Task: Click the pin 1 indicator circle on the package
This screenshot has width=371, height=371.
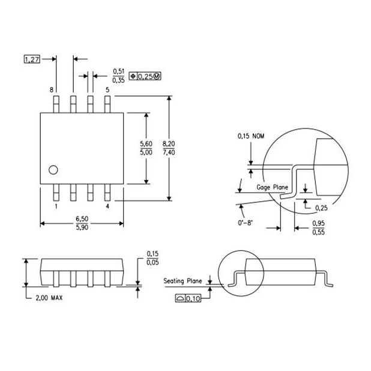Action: (53, 169)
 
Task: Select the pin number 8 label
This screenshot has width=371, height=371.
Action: (52, 90)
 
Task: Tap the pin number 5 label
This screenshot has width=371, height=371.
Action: (107, 90)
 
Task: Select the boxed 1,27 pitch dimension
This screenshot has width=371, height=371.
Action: (31, 59)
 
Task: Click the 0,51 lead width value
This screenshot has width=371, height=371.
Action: (119, 71)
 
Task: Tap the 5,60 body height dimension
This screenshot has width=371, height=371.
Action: (146, 144)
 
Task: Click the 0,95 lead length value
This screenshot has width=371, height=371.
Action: (319, 223)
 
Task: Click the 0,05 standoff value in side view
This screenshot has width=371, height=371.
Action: (152, 262)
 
